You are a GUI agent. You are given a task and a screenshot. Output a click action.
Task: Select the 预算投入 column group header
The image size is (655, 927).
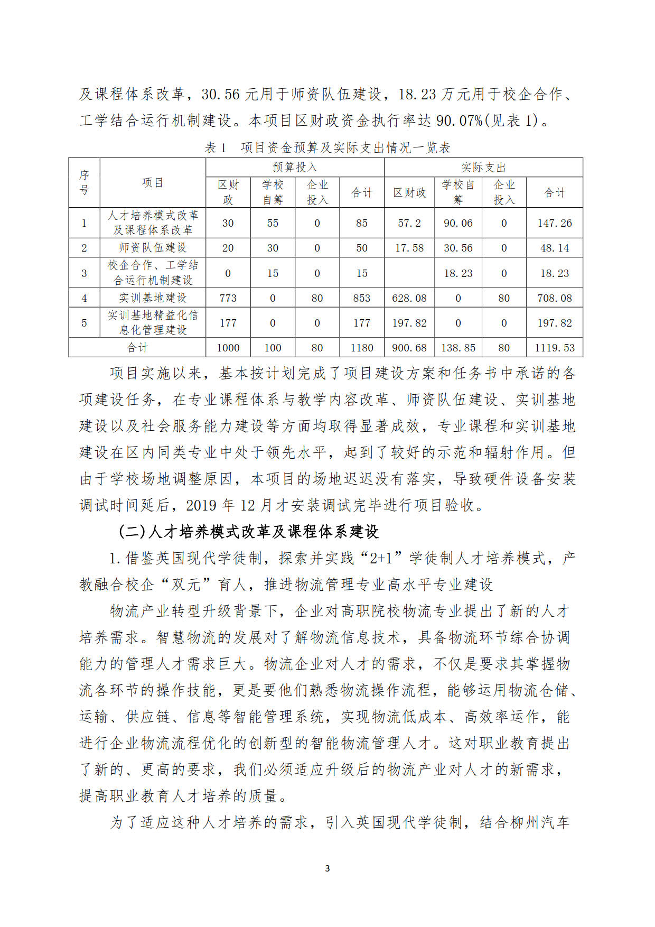(295, 168)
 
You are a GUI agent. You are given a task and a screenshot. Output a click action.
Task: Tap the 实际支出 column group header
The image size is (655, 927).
(483, 168)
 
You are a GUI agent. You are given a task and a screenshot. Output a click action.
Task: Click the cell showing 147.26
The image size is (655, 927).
(555, 223)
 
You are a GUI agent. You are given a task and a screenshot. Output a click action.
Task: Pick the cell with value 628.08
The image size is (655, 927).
(409, 298)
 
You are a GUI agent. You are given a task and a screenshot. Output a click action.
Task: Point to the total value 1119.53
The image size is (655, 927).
(555, 348)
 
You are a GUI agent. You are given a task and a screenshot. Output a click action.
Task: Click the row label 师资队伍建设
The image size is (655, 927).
(153, 248)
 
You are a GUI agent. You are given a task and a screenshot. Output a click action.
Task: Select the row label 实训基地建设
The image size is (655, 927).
(153, 298)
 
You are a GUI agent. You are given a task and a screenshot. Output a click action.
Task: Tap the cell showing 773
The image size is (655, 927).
(228, 298)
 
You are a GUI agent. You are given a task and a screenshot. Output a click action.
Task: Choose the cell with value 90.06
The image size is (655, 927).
(458, 223)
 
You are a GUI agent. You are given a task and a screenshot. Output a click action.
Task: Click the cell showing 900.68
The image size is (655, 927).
(409, 348)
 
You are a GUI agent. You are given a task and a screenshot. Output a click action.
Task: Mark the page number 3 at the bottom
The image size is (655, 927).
(327, 868)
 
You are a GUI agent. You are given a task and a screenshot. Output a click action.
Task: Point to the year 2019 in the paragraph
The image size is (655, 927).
(201, 505)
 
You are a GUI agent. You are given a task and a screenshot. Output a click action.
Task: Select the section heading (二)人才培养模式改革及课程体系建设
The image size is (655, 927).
(248, 532)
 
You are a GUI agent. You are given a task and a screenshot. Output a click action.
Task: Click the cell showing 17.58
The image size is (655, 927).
(409, 248)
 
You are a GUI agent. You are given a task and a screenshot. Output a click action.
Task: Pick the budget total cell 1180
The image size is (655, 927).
(362, 348)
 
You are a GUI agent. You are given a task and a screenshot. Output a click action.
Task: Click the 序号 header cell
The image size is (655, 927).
(85, 182)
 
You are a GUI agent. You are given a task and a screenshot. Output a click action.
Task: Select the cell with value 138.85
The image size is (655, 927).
(458, 348)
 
